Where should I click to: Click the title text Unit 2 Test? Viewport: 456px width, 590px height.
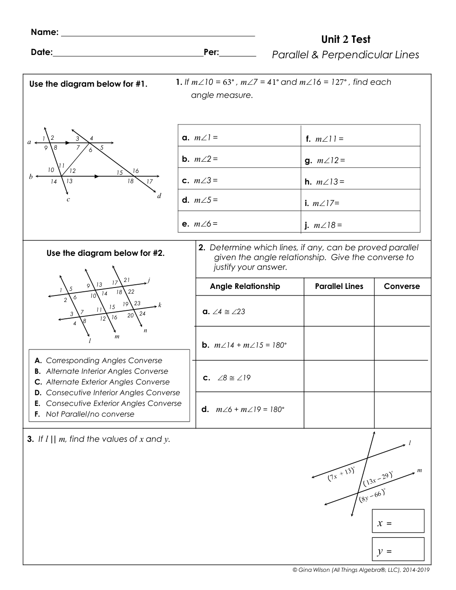pyautogui.click(x=346, y=40)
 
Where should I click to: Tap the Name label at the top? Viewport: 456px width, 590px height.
pyautogui.click(x=44, y=32)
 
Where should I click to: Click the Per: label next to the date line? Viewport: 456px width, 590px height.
pyautogui.click(x=211, y=52)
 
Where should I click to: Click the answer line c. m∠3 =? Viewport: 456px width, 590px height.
pyautogui.click(x=200, y=180)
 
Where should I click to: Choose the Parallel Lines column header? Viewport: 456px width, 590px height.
pyautogui.click(x=339, y=287)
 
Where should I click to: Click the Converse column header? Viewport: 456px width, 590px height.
pyautogui.click(x=402, y=287)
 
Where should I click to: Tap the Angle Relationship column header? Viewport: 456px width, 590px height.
pyautogui.click(x=245, y=287)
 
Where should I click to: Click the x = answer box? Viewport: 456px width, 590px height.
pyautogui.click(x=398, y=521)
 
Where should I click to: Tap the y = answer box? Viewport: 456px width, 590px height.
pyautogui.click(x=398, y=549)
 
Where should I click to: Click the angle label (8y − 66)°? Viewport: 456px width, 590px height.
pyautogui.click(x=372, y=495)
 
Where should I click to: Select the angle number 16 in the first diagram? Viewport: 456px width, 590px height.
pyautogui.click(x=136, y=171)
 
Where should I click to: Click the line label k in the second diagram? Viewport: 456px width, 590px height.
pyautogui.click(x=160, y=305)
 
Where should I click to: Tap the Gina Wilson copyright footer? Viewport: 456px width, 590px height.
pyautogui.click(x=361, y=569)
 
